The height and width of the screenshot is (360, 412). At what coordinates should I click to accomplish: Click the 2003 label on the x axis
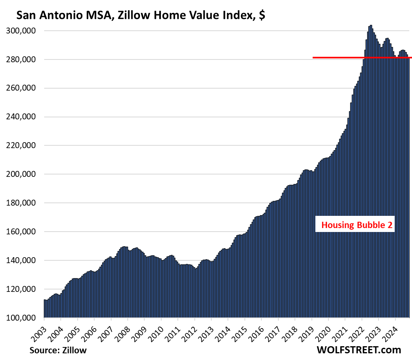pyautogui.click(x=39, y=328)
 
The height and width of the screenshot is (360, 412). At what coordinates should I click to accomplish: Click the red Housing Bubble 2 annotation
pyautogui.click(x=357, y=225)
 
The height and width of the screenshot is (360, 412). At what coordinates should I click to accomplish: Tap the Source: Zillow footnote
pyautogui.click(x=58, y=350)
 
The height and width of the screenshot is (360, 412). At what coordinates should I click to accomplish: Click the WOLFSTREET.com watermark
pyautogui.click(x=358, y=349)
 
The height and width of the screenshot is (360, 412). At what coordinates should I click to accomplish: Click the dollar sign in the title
pyautogui.click(x=262, y=16)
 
